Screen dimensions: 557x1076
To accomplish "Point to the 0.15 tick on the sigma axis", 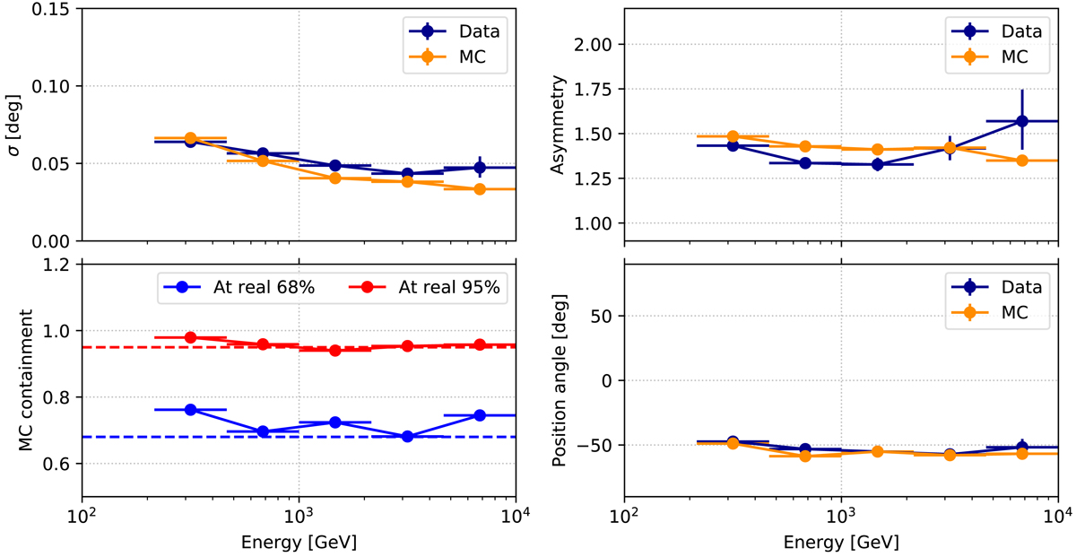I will click(55, 9).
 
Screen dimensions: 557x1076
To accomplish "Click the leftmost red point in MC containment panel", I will click(190, 337).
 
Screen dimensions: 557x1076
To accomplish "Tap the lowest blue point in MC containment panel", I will click(407, 437).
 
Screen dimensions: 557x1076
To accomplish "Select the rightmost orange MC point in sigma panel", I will click(480, 189).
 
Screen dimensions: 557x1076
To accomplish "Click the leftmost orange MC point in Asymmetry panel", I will click(733, 136).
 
